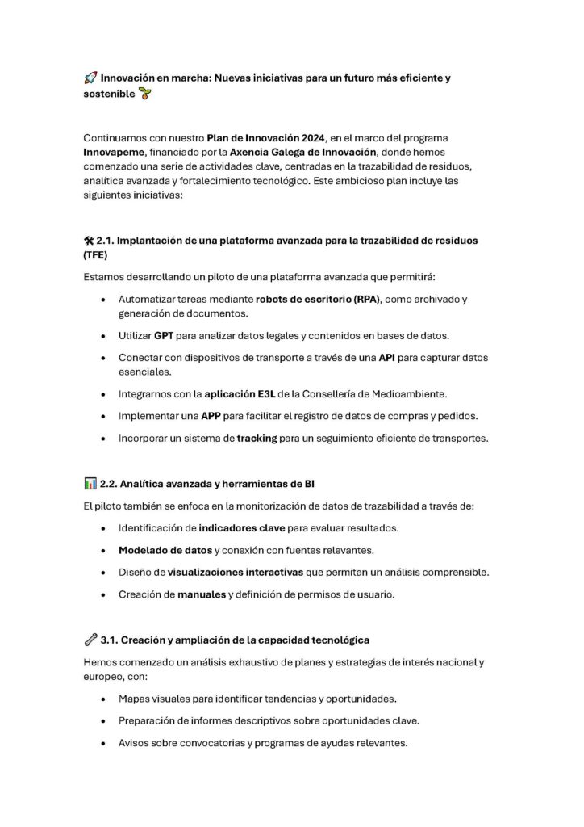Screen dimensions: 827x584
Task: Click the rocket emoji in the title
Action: pyautogui.click(x=90, y=78)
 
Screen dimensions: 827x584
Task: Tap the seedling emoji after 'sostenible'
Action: pyautogui.click(x=145, y=94)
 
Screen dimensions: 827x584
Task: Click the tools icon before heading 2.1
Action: pyautogui.click(x=89, y=241)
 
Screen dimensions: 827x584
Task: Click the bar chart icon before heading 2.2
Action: pyautogui.click(x=90, y=484)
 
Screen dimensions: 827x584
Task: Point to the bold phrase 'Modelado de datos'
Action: pyautogui.click(x=165, y=551)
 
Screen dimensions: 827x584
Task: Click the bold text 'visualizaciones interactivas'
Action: pyautogui.click(x=236, y=573)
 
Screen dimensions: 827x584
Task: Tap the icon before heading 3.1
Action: pyautogui.click(x=90, y=640)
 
